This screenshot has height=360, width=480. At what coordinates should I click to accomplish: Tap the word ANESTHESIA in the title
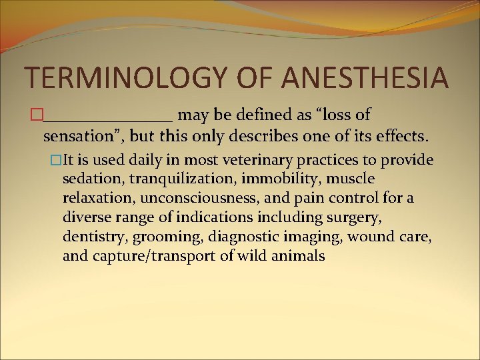[365, 77]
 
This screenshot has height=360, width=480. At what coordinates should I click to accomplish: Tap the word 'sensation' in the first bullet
[80, 137]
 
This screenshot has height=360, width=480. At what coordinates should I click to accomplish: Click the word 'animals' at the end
[298, 256]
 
